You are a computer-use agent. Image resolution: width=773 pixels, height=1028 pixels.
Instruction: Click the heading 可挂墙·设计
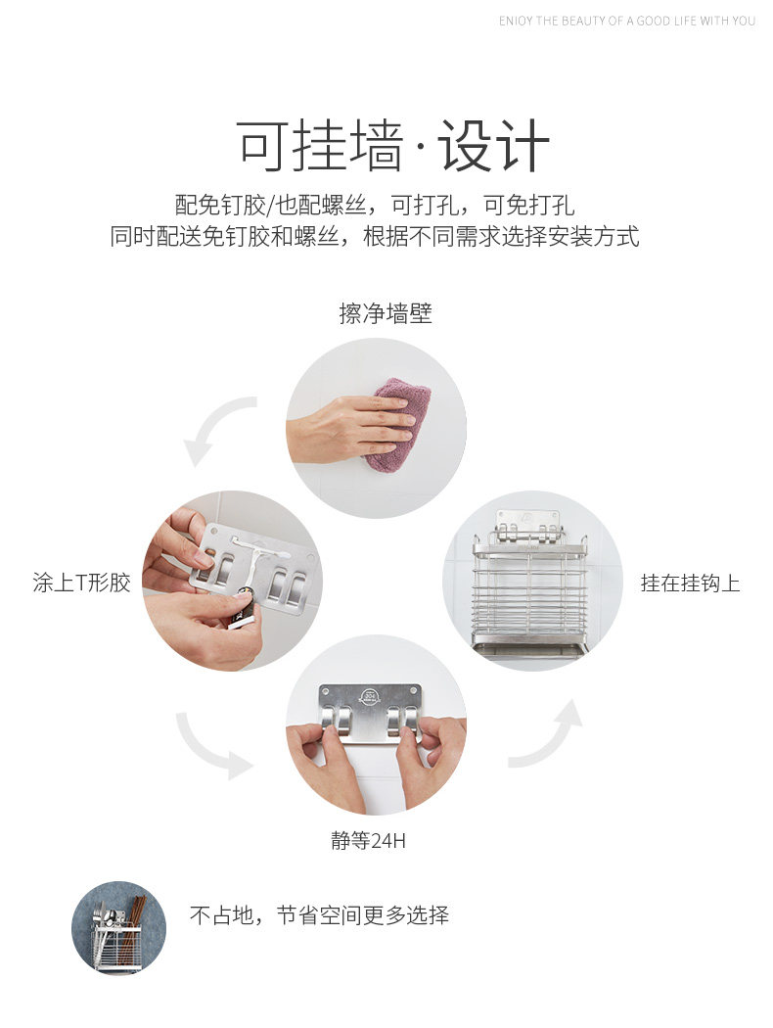click(x=391, y=146)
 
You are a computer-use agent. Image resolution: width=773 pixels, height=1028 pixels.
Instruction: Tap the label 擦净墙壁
click(x=386, y=313)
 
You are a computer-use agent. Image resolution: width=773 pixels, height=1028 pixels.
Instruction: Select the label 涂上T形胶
click(x=82, y=583)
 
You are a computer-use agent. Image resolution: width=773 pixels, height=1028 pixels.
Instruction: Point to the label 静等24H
click(x=368, y=840)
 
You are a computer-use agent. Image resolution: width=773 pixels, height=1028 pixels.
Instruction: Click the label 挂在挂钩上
click(x=690, y=583)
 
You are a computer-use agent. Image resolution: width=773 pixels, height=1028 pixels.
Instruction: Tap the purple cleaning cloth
click(x=397, y=424)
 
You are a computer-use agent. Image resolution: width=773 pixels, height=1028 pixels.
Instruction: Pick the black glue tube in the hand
click(x=244, y=611)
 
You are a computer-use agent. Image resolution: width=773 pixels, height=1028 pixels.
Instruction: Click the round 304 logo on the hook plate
click(x=371, y=695)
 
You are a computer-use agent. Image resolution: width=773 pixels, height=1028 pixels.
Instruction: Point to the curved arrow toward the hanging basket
click(x=549, y=735)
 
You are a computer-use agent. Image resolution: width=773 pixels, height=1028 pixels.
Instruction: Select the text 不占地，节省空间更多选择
click(x=319, y=914)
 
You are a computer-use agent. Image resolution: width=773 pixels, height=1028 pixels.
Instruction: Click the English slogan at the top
click(x=627, y=21)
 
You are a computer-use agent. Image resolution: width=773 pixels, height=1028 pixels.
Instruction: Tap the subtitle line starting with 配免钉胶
click(x=375, y=206)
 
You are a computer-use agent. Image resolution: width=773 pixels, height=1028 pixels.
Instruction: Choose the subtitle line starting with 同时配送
click(x=375, y=236)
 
